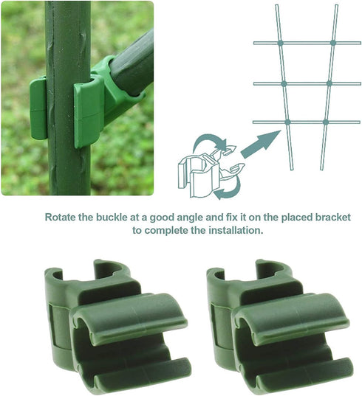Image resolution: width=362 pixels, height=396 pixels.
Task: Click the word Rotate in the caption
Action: (x=62, y=218)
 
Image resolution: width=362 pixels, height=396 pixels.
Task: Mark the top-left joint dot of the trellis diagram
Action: (x=280, y=44)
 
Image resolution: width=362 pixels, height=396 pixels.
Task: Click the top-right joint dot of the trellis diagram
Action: (x=333, y=44)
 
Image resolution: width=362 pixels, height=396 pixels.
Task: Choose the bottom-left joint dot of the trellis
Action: (x=287, y=121)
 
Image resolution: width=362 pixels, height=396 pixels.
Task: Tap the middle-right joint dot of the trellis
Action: (x=329, y=83)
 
